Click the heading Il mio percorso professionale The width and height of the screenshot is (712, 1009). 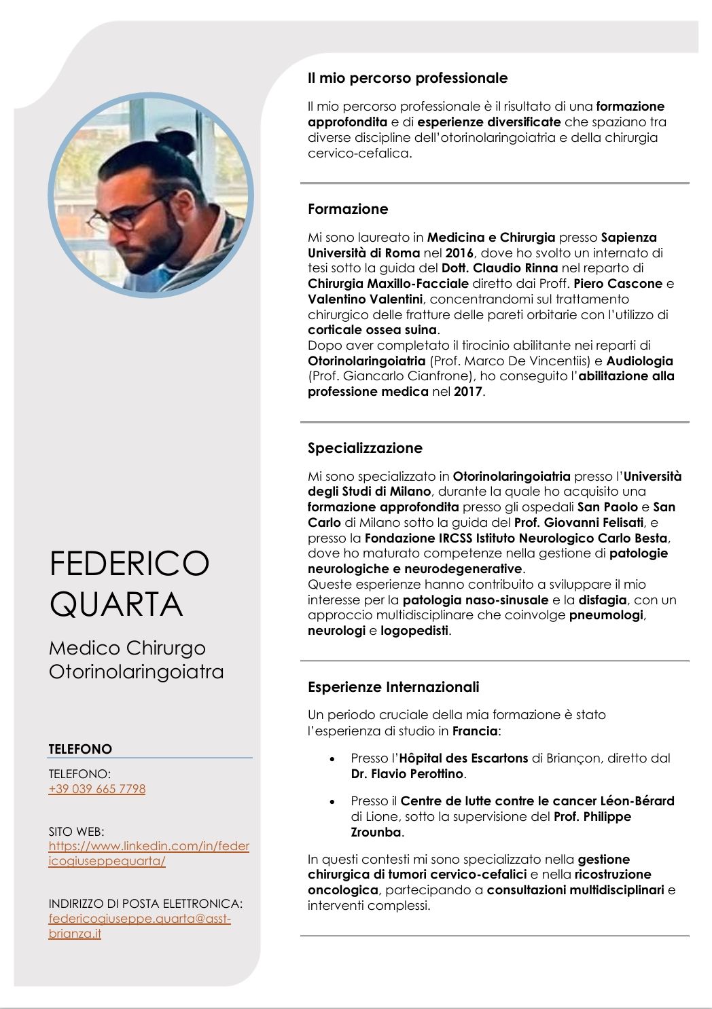pyautogui.click(x=408, y=78)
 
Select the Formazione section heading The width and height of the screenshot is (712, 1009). pyautogui.click(x=348, y=209)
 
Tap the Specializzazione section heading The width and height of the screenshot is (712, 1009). pyautogui.click(x=365, y=448)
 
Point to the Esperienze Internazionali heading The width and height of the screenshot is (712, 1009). pyautogui.click(x=393, y=687)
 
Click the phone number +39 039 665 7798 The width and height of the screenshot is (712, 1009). pyautogui.click(x=97, y=789)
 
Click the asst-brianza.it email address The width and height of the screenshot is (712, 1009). pyautogui.click(x=139, y=926)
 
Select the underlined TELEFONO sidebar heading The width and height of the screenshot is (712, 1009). pyautogui.click(x=80, y=749)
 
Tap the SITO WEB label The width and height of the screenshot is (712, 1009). pyautogui.click(x=76, y=831)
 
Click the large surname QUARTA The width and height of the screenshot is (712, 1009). pyautogui.click(x=116, y=604)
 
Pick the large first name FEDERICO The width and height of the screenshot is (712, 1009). pyautogui.click(x=129, y=564)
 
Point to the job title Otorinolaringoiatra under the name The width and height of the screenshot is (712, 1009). pyautogui.click(x=136, y=672)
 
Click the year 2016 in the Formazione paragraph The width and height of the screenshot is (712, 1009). pyautogui.click(x=459, y=253)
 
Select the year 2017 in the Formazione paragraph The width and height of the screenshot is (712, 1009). pyautogui.click(x=468, y=392)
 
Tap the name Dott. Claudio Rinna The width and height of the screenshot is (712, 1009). pyautogui.click(x=499, y=268)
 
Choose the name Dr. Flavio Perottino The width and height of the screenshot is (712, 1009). pyautogui.click(x=408, y=774)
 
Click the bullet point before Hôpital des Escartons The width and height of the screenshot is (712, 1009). pyautogui.click(x=332, y=759)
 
